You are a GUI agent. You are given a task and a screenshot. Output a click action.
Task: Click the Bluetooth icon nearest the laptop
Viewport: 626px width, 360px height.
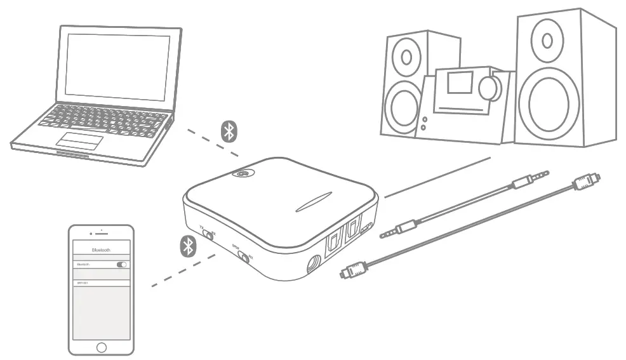(229, 131)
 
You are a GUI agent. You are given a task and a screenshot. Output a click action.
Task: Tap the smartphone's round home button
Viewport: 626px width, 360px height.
(101, 347)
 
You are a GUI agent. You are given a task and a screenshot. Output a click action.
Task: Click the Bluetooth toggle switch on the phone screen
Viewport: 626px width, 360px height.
(121, 264)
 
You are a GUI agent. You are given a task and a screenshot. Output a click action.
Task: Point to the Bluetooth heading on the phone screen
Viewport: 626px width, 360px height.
(101, 250)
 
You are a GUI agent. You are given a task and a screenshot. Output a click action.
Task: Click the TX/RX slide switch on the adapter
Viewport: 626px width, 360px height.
(208, 233)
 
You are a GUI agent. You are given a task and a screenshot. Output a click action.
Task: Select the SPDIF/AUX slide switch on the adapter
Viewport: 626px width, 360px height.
(243, 257)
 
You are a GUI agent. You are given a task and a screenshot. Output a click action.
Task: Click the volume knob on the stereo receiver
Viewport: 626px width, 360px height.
(489, 88)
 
